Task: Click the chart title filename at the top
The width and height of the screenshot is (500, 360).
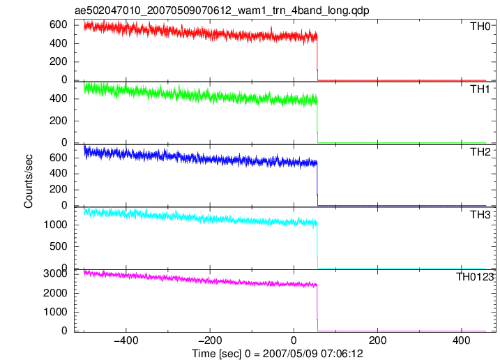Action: (x=222, y=10)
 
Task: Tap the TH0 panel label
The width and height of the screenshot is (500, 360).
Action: (x=480, y=27)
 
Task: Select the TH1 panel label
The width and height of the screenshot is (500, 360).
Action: (x=480, y=89)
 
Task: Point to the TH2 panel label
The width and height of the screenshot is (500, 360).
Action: (x=480, y=152)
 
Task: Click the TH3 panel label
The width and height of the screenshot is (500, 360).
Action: (x=480, y=215)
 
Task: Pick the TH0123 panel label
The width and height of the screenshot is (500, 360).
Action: (x=474, y=277)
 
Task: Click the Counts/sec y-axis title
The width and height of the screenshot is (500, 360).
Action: (x=29, y=181)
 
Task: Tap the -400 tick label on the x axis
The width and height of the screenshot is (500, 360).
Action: (x=126, y=340)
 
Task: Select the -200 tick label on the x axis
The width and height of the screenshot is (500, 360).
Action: (x=210, y=340)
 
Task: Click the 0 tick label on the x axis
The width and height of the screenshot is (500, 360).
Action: (x=294, y=340)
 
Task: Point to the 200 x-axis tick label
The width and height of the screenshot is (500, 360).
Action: (x=377, y=340)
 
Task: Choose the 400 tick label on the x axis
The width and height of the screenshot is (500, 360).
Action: (x=462, y=340)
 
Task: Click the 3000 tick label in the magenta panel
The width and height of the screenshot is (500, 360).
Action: (x=55, y=273)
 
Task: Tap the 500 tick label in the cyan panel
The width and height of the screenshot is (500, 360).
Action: (x=59, y=246)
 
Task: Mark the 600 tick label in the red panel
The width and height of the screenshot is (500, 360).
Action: (x=59, y=24)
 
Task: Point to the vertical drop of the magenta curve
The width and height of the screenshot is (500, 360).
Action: (x=317, y=308)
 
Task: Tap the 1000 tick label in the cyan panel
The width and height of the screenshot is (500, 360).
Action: (x=55, y=225)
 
